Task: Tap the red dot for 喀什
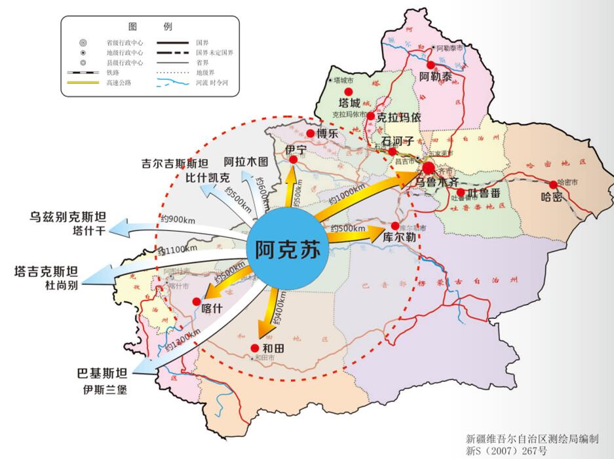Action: pyautogui.click(x=197, y=301)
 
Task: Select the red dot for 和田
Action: pyautogui.click(x=255, y=348)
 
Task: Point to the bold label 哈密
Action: pyautogui.click(x=551, y=196)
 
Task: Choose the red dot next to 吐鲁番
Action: pyautogui.click(x=461, y=193)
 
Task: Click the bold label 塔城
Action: pyautogui.click(x=349, y=103)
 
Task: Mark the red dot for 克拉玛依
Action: pyautogui.click(x=371, y=117)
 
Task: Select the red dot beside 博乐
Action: pyautogui.click(x=311, y=134)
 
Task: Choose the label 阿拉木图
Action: pyautogui.click(x=246, y=161)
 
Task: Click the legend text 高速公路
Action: pyautogui.click(x=119, y=83)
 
